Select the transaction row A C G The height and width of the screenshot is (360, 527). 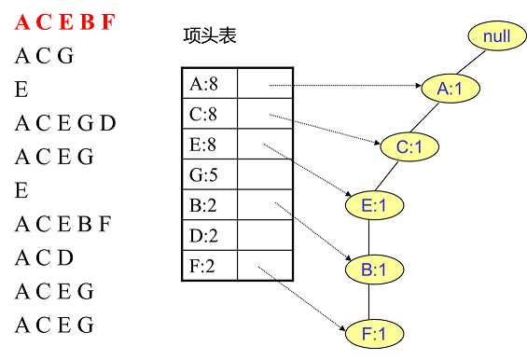point(44,56)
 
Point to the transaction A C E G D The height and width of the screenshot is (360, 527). point(64,123)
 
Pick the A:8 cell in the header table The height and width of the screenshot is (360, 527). point(209,84)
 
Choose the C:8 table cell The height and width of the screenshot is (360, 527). point(209,114)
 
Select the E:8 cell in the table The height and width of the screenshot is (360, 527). point(209,144)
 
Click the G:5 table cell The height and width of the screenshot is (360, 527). point(209,173)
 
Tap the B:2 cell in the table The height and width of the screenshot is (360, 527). point(209,205)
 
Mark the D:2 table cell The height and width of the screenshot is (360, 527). point(209,236)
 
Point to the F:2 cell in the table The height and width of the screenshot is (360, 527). point(209,267)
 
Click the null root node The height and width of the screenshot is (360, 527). point(496,36)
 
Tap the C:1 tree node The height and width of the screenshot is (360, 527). point(409,146)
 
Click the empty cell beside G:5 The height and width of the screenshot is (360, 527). point(266,173)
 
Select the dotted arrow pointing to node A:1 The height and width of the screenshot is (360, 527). point(345,88)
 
